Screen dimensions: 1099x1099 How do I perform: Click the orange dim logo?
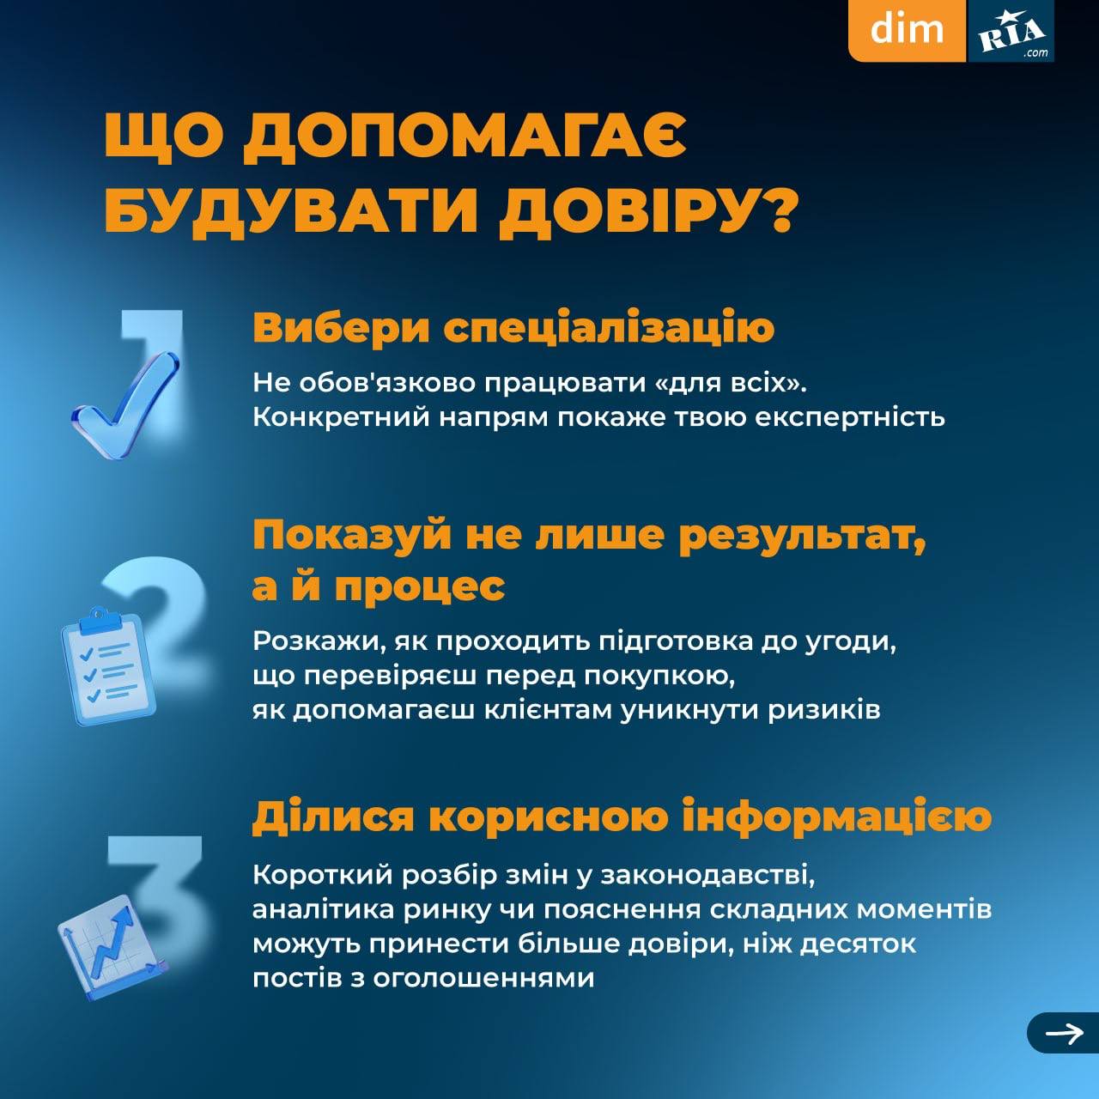[907, 30]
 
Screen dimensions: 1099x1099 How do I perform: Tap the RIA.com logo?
[1011, 31]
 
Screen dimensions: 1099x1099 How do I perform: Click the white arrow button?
[1063, 1033]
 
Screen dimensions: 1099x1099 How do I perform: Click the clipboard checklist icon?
[108, 665]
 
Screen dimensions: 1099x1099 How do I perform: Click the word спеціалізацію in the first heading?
[609, 330]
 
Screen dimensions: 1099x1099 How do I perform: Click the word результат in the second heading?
[803, 537]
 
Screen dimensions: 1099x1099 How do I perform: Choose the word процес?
[420, 587]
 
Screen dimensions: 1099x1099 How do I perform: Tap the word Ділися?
[332, 818]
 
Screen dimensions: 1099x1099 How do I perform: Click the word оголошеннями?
[483, 979]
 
